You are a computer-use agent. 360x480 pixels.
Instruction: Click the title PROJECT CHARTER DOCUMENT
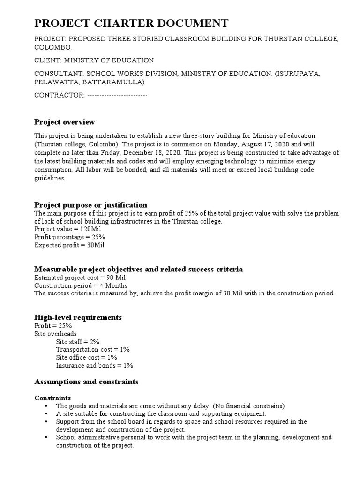[131, 23]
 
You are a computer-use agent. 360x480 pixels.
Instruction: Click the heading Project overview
[65, 122]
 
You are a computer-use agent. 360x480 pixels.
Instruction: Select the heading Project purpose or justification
[91, 205]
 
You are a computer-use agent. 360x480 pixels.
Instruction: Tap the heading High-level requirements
[78, 317]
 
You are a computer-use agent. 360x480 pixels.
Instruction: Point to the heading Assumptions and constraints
[86, 382]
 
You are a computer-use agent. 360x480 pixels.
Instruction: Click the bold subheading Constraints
[52, 397]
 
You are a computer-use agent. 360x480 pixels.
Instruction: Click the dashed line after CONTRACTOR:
[117, 95]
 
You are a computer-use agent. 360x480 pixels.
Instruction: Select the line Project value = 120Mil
[67, 229]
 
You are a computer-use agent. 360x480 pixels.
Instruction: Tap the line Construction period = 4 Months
[81, 285]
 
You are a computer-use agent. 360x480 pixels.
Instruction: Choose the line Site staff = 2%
[78, 342]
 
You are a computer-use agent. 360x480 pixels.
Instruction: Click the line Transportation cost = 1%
[93, 350]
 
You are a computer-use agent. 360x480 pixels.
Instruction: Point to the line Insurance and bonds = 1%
[95, 365]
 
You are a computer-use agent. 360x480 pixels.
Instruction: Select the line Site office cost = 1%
[86, 357]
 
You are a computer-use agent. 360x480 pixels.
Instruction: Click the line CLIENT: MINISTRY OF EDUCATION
[94, 60]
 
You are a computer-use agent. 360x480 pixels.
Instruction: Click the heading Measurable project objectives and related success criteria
[139, 269]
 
